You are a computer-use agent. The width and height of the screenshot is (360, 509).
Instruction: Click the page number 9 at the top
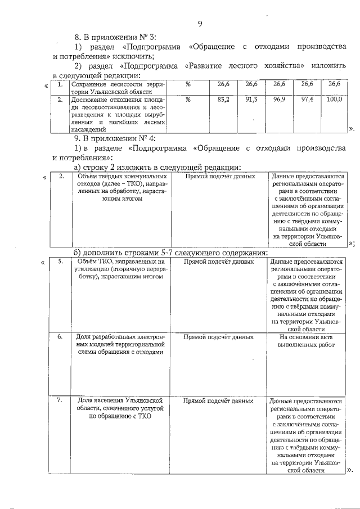(x=200, y=23)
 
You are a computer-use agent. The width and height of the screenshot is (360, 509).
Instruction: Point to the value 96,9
(x=280, y=100)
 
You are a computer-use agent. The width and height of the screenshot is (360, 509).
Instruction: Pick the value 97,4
(x=307, y=100)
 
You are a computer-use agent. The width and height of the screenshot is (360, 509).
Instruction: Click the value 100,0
(x=334, y=100)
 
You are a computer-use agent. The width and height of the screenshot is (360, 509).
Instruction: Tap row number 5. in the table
(x=60, y=262)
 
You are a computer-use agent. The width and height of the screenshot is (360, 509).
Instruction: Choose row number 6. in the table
(x=60, y=337)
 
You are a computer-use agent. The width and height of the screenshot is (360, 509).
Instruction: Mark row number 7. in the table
(x=60, y=401)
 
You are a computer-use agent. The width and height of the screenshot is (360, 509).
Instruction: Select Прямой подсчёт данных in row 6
(x=218, y=337)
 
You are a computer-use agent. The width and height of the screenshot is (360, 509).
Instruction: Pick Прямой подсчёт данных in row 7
(x=218, y=401)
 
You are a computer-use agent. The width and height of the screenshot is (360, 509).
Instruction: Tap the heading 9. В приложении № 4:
(x=115, y=138)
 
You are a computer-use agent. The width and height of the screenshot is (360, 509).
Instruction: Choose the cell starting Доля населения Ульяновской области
(x=119, y=409)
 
